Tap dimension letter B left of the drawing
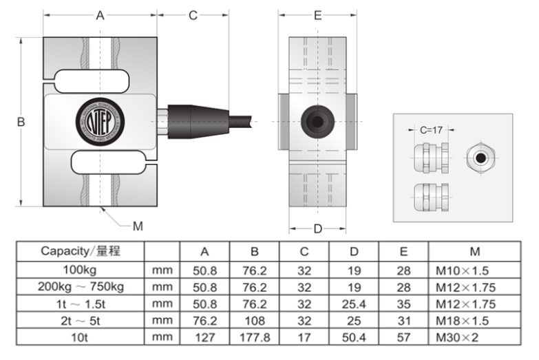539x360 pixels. click(21, 121)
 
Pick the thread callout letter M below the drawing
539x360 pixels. click(138, 226)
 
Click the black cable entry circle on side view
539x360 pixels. click(317, 121)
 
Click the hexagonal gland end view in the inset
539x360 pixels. click(479, 157)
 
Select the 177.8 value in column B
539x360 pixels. click(254, 337)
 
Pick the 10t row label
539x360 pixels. click(80, 337)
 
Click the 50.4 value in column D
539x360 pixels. click(355, 337)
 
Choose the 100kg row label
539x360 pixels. click(80, 268)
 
